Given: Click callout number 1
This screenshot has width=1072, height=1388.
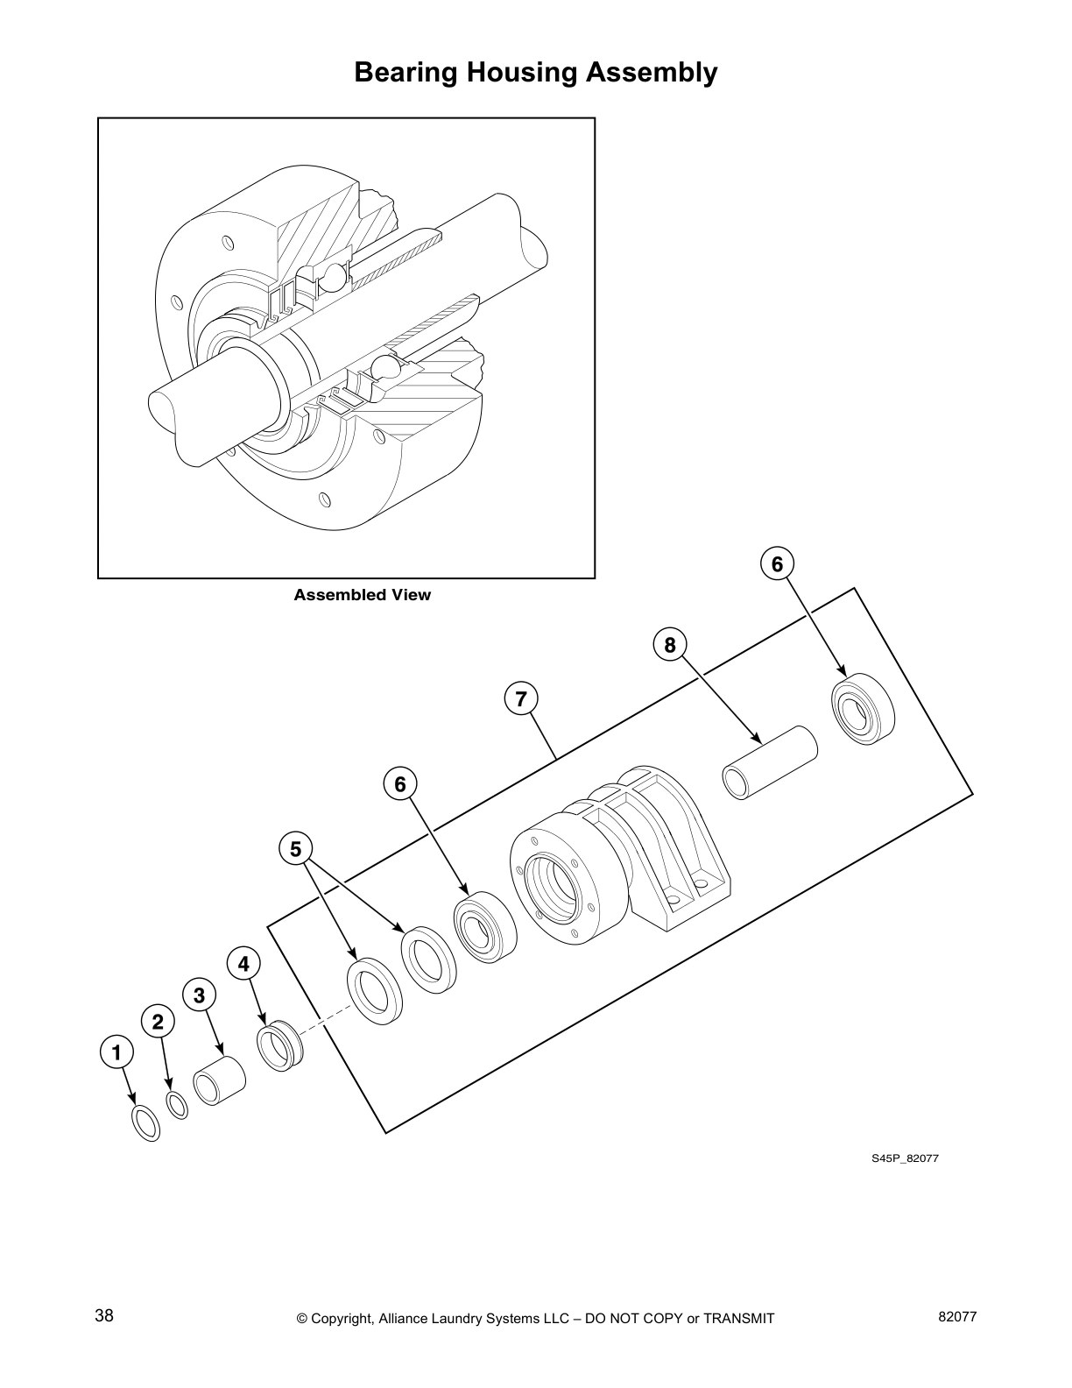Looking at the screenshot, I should click(116, 1052).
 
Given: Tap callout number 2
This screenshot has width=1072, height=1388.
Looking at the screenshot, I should click(158, 1022).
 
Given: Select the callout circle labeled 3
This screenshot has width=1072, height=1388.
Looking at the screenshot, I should click(200, 995).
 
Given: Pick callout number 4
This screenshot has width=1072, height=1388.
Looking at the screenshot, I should click(243, 964).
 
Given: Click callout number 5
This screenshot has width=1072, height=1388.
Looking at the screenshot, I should click(295, 849).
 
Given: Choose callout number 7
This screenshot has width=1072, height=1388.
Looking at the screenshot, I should click(521, 699).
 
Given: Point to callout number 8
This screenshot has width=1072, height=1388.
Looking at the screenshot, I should click(670, 646).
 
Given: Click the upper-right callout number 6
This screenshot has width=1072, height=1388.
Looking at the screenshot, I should click(777, 564).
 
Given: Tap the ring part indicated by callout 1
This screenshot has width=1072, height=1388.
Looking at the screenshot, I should click(145, 1122).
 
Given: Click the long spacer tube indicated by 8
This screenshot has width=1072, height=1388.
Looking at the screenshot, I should click(769, 761).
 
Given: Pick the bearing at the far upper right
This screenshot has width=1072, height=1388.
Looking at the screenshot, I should click(863, 708).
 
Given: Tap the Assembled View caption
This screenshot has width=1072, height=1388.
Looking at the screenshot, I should click(362, 595).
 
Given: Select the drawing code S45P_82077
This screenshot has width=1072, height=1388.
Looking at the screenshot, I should click(905, 1158).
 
